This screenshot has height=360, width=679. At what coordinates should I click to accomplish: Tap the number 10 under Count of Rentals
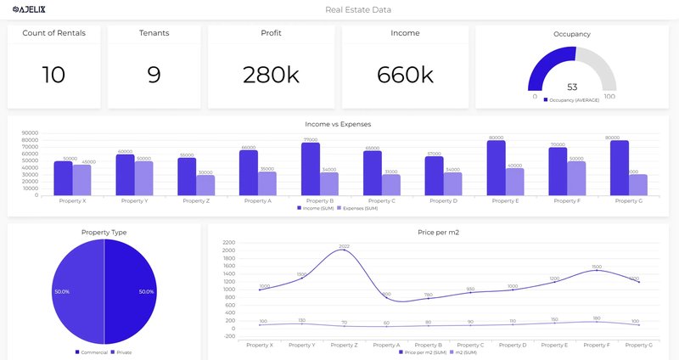click(x=53, y=75)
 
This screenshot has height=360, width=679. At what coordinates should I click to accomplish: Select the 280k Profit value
click(x=271, y=75)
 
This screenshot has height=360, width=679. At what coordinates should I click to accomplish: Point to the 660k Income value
click(x=405, y=75)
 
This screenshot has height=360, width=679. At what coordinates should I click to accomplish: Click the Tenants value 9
click(x=154, y=75)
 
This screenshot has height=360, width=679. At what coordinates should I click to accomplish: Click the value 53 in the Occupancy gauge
click(x=572, y=87)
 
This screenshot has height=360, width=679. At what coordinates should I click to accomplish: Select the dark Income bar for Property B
click(x=311, y=169)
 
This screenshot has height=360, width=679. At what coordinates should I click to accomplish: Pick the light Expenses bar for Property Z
click(x=205, y=185)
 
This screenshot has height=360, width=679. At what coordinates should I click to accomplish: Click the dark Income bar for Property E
click(x=497, y=167)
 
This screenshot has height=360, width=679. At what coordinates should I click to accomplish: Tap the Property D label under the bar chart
click(x=442, y=201)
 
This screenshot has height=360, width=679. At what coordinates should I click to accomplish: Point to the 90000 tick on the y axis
click(x=30, y=132)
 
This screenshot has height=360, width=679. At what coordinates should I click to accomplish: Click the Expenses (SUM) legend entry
click(x=357, y=207)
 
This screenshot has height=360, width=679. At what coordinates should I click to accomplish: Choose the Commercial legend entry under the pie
click(x=92, y=352)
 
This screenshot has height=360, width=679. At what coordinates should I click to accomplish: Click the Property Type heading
click(x=104, y=232)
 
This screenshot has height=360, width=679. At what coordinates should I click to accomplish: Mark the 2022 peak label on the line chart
click(x=344, y=246)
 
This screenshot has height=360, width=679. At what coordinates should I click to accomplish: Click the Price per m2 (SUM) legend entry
click(x=424, y=352)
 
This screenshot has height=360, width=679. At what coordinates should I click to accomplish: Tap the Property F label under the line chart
click(x=598, y=345)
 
